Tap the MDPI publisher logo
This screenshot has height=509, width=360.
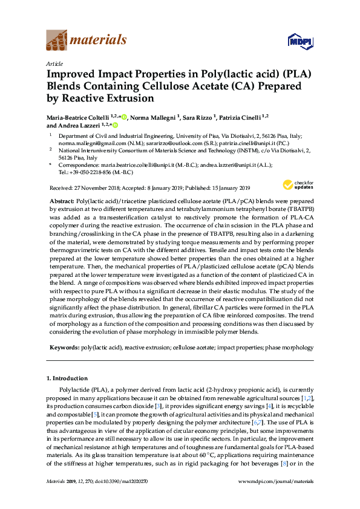tap(299, 41)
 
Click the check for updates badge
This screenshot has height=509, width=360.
tap(296, 185)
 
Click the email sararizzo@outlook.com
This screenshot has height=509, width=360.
tap(167, 145)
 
